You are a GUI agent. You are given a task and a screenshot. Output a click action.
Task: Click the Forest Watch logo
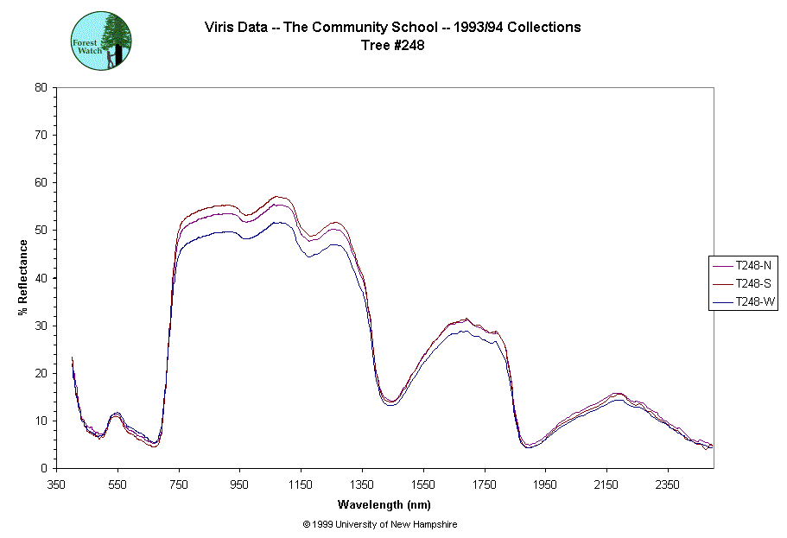pos(101,41)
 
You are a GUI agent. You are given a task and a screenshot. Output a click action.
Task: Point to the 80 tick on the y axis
pos(41,87)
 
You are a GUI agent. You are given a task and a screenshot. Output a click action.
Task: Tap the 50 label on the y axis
pos(41,231)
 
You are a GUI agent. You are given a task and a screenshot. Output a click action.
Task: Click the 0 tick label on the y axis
pos(44,469)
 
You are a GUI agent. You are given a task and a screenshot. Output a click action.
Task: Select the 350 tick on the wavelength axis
pos(57,485)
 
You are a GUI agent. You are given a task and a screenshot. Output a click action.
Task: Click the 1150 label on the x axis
pos(301,485)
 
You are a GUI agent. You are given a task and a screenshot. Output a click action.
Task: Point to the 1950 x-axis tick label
pos(545,485)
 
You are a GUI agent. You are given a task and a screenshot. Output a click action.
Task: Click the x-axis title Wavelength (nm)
pos(385,504)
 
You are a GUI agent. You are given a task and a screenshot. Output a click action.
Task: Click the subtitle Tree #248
pos(392,46)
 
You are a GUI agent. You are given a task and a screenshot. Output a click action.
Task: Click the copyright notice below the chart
pos(380,524)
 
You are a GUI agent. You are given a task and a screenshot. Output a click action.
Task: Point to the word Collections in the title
pos(543,27)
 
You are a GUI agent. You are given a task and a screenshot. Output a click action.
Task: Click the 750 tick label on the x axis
pos(179,485)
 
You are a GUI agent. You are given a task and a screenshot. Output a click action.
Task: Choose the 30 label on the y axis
pos(41,326)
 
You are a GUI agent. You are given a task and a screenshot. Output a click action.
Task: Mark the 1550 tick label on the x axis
pos(423,485)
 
